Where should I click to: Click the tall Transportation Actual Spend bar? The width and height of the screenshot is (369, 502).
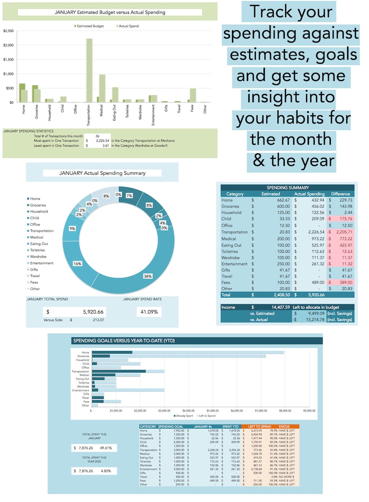tap(89, 70)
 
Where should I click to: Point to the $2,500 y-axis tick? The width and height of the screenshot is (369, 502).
tap(8, 31)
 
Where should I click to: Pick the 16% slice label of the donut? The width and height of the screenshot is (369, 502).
tap(77, 263)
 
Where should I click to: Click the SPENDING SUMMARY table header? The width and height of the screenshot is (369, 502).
tap(288, 187)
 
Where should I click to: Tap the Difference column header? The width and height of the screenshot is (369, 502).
tap(340, 194)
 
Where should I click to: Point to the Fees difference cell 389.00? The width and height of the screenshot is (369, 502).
tap(343, 283)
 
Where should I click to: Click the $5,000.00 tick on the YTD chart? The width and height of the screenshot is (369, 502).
tap(212, 411)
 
